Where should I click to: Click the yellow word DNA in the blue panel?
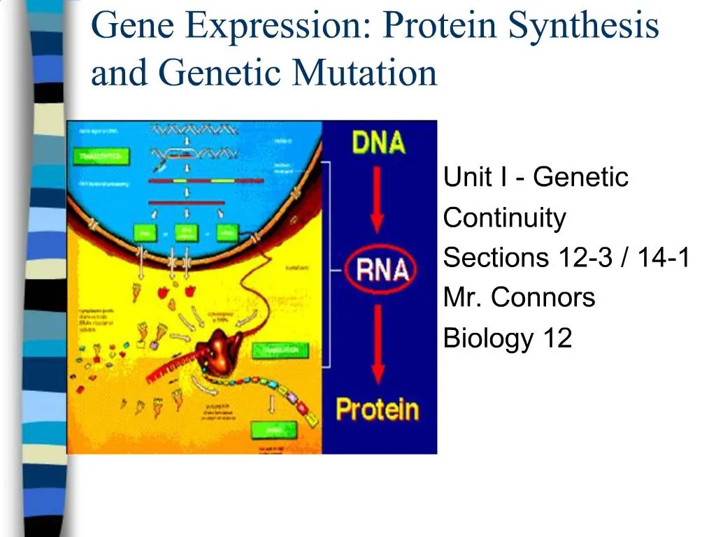378,143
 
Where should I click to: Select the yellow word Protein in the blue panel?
377,409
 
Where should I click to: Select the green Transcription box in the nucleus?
99,157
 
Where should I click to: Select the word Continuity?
504,218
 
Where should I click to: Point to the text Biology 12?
507,338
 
